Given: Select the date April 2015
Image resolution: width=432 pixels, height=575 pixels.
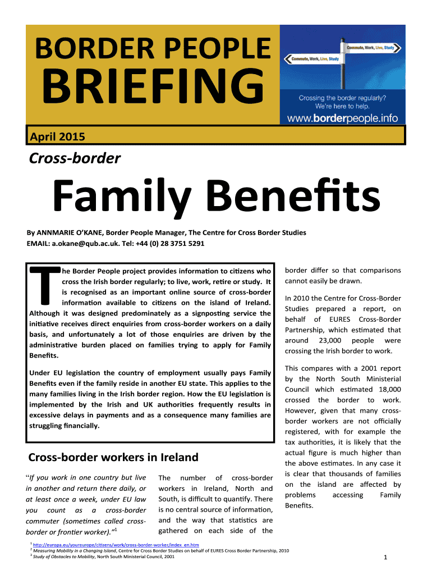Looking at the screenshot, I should point(57,136).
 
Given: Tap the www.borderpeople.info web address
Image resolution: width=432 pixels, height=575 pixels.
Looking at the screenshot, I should point(343,118).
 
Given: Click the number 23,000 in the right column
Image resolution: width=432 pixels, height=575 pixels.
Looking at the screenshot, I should point(328,341).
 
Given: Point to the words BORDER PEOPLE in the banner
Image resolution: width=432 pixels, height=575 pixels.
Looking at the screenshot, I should point(153,49).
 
